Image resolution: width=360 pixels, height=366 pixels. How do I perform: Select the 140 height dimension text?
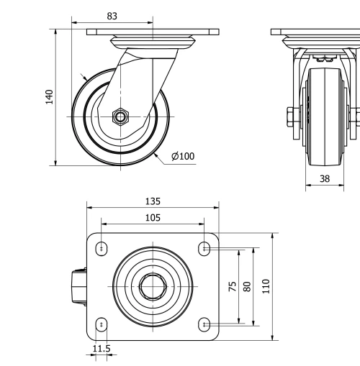coord(49,97)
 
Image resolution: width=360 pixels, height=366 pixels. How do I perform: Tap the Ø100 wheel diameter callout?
coord(183,156)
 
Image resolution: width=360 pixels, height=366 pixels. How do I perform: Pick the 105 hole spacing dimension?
coord(153,216)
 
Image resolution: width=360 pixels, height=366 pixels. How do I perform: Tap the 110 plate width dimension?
coord(266,286)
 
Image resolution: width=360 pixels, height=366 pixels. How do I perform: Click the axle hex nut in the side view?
coord(120,116)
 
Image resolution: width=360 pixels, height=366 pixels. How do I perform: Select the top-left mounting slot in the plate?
coord(102,248)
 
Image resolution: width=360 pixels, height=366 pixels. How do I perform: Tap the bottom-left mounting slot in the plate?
coord(102,324)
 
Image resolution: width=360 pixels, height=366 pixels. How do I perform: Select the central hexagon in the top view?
coord(153,286)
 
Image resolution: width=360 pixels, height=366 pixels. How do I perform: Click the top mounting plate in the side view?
coord(153,32)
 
